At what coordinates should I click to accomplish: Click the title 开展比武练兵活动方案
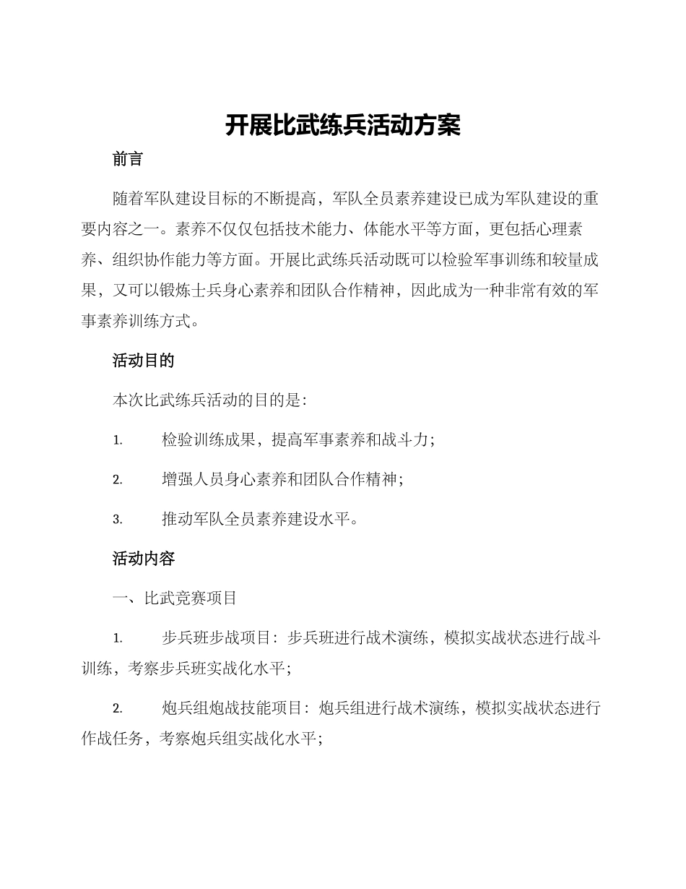coord(342,126)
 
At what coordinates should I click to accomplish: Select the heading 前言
coord(128,159)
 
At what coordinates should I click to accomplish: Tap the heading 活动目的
coord(144,361)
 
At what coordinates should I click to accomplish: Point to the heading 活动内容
coord(144,559)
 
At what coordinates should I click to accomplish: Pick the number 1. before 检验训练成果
coord(118,440)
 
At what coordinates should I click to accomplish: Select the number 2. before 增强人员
coord(118,480)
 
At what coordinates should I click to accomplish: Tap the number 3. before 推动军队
coord(118,520)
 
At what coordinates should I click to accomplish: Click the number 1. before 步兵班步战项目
coord(118,639)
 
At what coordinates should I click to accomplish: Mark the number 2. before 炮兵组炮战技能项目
coord(118,709)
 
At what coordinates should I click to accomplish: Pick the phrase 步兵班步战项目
coord(218,639)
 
